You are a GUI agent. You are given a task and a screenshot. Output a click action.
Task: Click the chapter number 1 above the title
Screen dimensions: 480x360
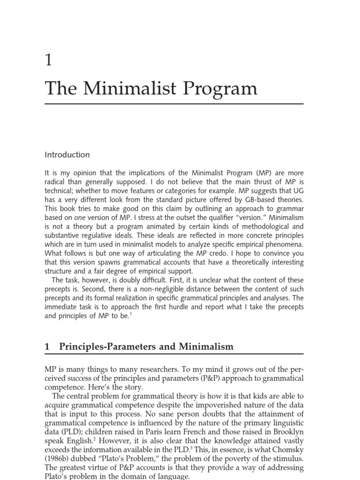pos(49,60)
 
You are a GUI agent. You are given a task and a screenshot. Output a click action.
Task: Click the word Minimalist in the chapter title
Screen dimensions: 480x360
pos(123,89)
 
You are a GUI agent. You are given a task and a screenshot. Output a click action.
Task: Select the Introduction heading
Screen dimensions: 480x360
pos(67,155)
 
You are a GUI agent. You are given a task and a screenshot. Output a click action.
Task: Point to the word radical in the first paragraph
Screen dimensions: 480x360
pos(57,182)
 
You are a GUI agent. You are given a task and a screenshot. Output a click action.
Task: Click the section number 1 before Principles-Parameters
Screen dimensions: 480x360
pos(47,347)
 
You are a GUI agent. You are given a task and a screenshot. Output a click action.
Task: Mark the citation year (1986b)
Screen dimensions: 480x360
pos(61,458)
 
